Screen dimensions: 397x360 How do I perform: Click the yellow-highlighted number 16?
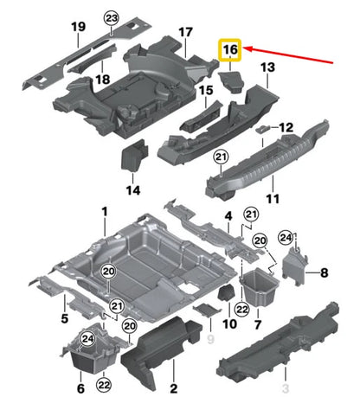230,52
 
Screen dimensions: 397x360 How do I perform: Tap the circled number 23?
111,18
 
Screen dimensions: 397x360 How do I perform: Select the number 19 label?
78,28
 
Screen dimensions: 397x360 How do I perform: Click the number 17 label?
184,33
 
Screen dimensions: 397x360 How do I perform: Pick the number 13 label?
267,67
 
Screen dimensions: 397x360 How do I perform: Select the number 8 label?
325,273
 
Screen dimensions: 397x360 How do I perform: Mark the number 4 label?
228,215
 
